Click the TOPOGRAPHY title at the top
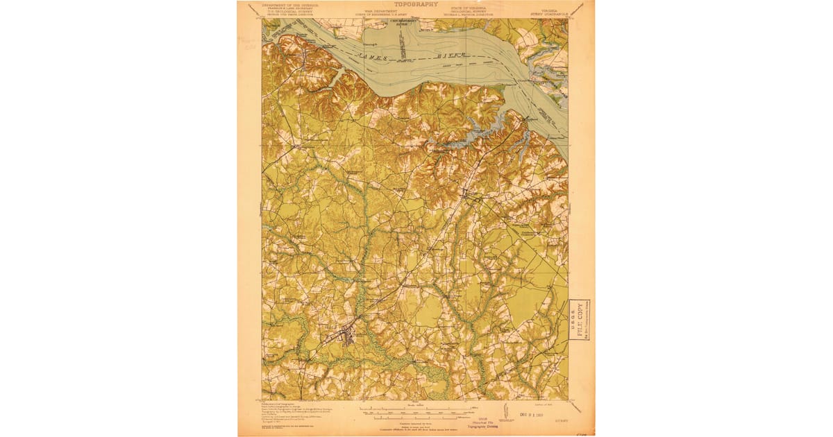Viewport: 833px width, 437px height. coord(416,4)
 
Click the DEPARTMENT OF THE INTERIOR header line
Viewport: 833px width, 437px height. coord(290,4)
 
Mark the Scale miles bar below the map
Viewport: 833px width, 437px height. coord(416,409)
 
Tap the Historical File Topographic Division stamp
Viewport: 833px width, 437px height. coord(416,430)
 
